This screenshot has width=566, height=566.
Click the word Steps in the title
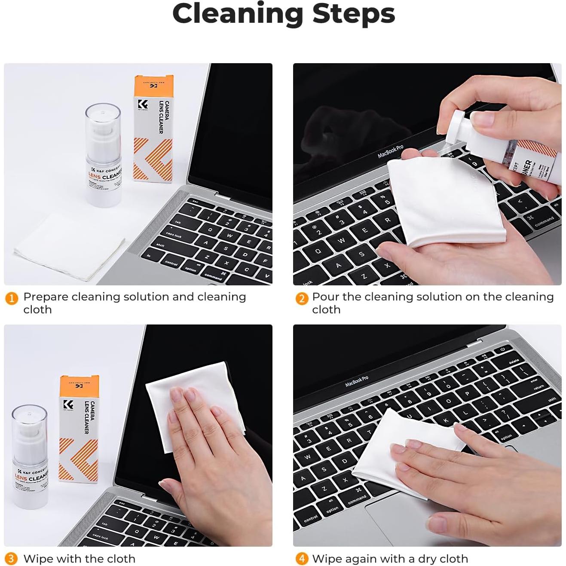353,14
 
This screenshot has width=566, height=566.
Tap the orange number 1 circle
12,298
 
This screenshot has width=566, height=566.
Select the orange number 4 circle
302,559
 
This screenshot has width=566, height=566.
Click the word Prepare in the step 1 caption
46,297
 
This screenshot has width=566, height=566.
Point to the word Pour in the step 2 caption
326,297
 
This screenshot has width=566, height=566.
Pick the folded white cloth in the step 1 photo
69,247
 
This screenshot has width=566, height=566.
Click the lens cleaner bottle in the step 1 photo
104,155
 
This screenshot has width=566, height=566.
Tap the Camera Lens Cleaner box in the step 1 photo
153,129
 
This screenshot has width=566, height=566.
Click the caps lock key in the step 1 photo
174,235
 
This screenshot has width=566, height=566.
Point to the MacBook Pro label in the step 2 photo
390,152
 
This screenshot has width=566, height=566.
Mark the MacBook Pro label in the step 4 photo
357,381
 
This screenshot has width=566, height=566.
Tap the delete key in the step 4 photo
514,362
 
